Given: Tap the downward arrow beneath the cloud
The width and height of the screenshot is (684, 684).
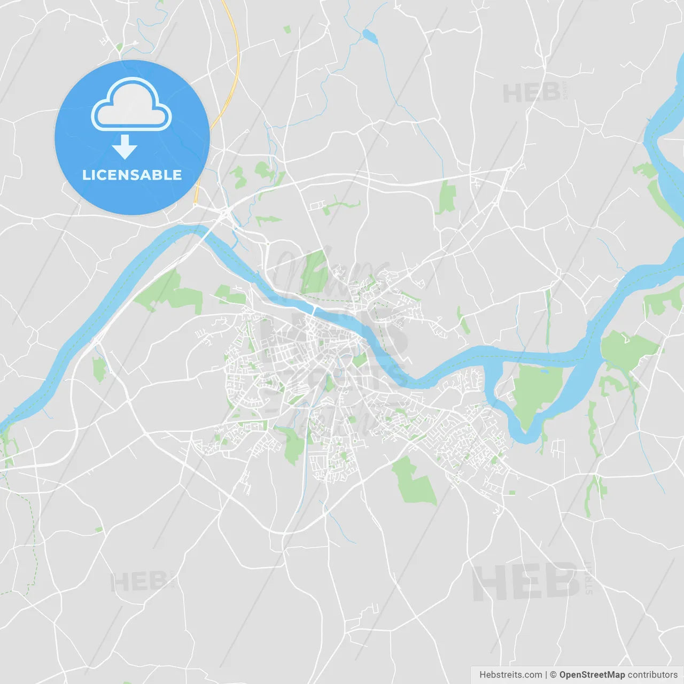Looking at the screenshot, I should (125, 146).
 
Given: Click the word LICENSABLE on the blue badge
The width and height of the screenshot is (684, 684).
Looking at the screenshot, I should (132, 175).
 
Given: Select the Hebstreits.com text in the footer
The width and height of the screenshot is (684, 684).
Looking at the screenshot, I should (510, 675).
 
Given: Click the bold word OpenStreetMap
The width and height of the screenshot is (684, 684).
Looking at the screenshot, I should (592, 675).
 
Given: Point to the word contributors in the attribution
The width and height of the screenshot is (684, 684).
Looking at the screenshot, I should (652, 675).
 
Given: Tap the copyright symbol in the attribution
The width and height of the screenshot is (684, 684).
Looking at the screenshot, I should (553, 675).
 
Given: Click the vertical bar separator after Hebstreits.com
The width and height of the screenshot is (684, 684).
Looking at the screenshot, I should (546, 675).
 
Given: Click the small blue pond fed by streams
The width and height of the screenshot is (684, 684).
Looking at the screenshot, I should (370, 36).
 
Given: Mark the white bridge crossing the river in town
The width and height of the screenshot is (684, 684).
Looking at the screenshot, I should (315, 310).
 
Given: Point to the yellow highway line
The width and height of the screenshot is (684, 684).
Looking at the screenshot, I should (235, 64).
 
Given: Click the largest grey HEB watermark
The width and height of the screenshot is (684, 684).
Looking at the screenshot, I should (526, 581).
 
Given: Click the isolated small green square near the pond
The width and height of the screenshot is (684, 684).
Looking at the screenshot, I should (287, 29).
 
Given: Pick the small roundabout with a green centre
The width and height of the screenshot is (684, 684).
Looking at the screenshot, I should (119, 47).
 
